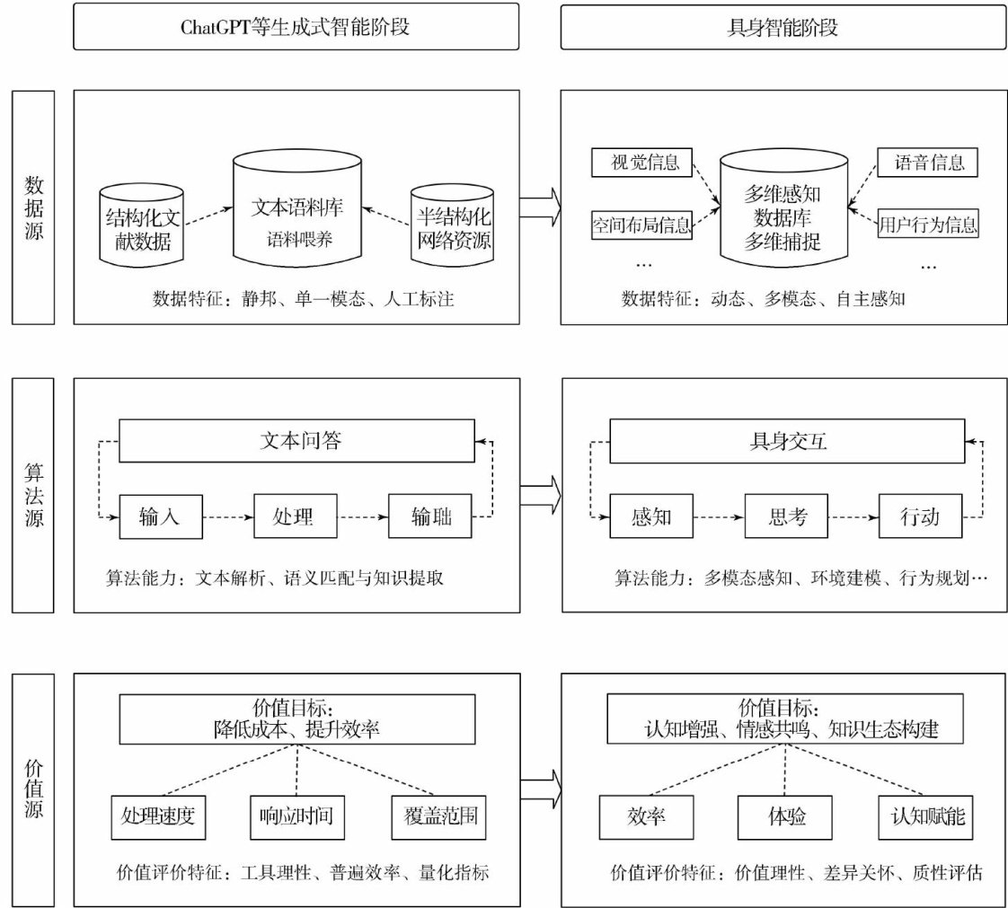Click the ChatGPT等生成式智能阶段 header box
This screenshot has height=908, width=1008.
(x=296, y=27)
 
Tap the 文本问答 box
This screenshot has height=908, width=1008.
(x=297, y=441)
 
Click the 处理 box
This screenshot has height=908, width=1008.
(x=297, y=516)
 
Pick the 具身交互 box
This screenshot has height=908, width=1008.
(x=787, y=441)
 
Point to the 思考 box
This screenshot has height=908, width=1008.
(x=787, y=516)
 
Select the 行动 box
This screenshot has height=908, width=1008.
(x=919, y=516)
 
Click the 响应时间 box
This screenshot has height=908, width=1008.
(x=297, y=816)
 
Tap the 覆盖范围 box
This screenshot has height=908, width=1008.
(x=433, y=816)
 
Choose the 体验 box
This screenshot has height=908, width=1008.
(x=786, y=816)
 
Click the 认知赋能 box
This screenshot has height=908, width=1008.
(x=927, y=816)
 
